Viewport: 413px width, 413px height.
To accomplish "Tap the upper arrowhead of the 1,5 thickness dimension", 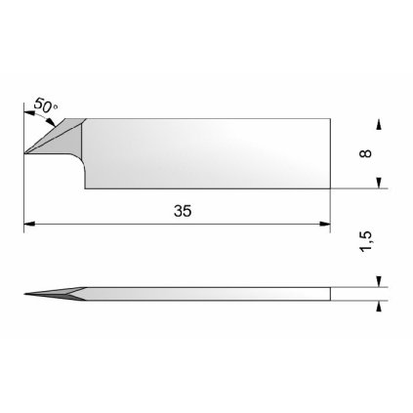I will [379, 282].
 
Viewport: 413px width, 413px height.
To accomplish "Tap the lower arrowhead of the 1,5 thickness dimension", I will [379, 305].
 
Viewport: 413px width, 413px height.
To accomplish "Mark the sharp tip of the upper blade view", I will [25, 153].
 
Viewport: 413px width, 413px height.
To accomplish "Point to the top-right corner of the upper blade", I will [329, 120].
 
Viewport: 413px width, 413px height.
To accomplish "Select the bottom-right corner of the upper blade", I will [329, 187].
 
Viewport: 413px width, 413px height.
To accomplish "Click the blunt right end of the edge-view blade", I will [329, 293].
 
